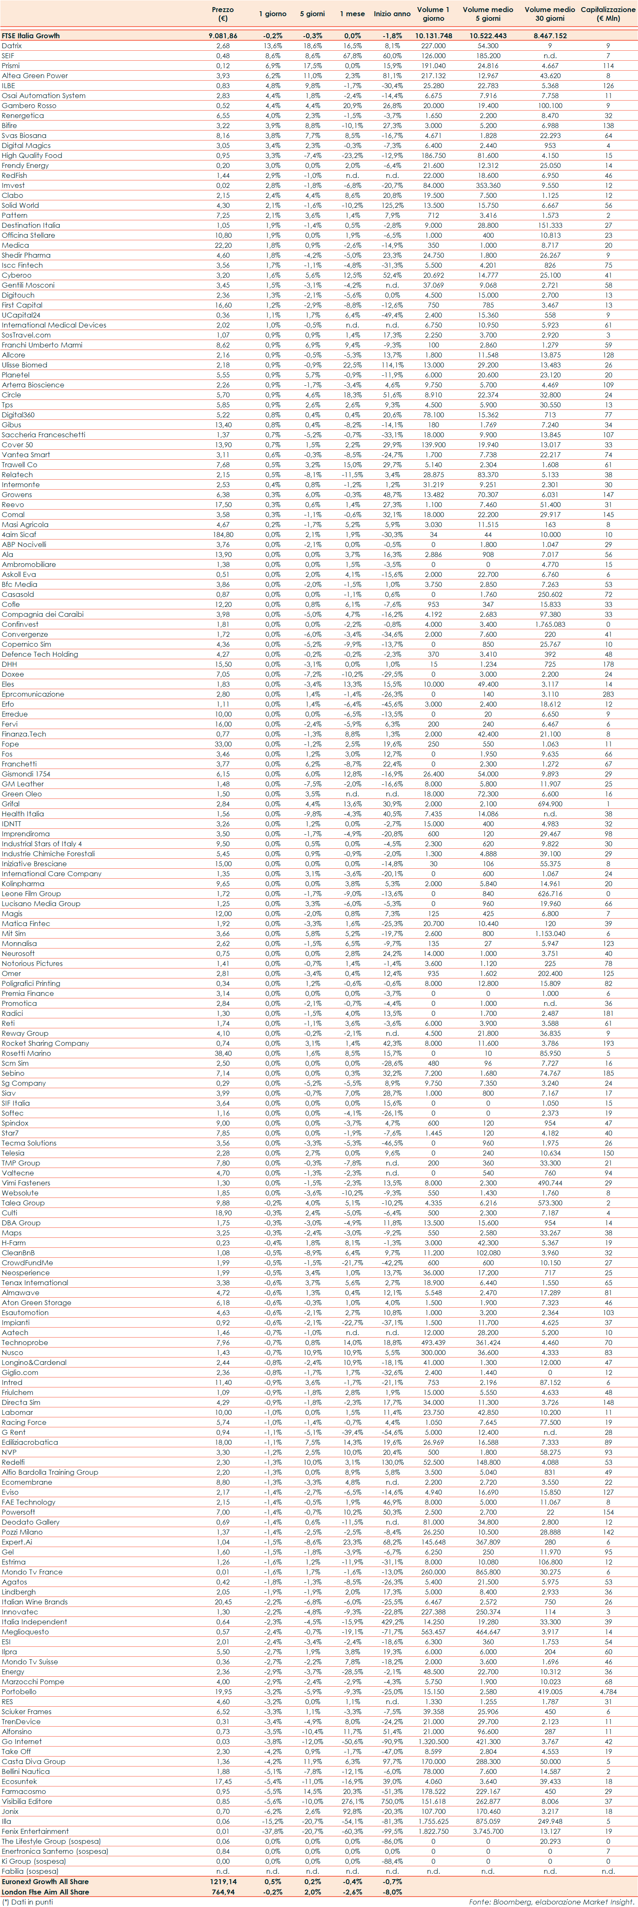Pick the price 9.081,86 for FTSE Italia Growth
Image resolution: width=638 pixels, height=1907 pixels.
tap(223, 35)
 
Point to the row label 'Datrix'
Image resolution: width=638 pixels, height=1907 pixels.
tap(12, 46)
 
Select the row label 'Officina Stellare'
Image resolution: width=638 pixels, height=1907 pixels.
tap(28, 235)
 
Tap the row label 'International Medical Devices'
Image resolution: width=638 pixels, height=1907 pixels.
tap(53, 325)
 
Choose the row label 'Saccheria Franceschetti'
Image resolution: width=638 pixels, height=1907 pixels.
tap(43, 434)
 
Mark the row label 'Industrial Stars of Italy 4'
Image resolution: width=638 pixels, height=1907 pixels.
tap(42, 844)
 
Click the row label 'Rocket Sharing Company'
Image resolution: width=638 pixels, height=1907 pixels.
tap(44, 1043)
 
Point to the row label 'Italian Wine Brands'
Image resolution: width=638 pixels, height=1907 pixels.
tap(34, 1602)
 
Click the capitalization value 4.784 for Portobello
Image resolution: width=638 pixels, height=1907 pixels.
tap(608, 1712)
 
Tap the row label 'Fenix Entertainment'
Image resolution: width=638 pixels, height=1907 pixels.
tap(35, 1831)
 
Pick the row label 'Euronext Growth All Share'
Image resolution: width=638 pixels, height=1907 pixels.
tap(44, 1881)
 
